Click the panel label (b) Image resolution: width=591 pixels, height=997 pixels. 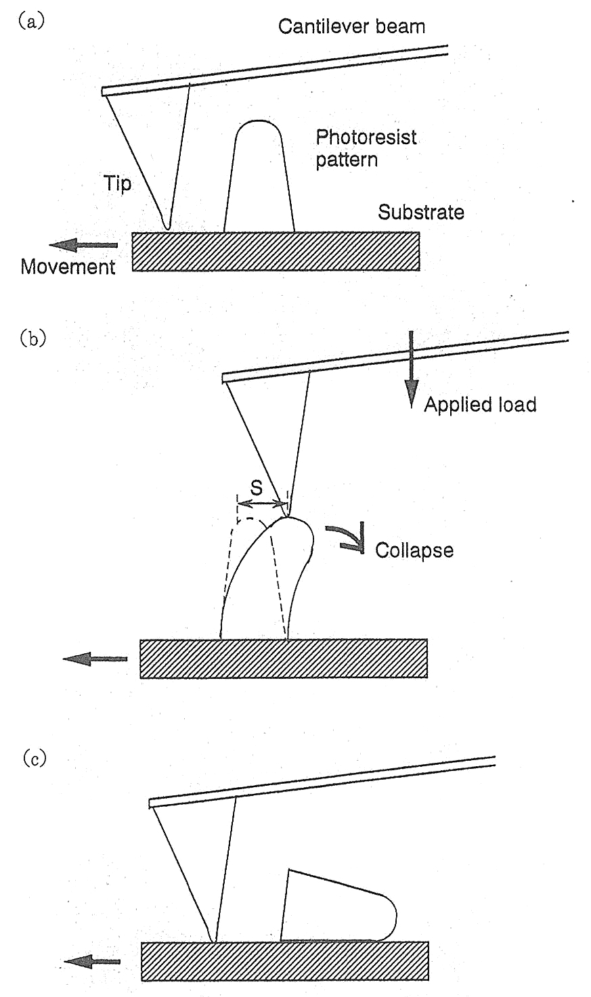(x=32, y=337)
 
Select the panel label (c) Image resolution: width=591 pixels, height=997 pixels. (x=32, y=759)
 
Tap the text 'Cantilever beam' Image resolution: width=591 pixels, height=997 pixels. (x=351, y=27)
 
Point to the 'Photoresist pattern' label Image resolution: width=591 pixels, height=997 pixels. (x=366, y=148)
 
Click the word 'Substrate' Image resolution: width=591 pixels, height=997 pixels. (x=420, y=213)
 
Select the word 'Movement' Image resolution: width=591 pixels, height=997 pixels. (x=68, y=267)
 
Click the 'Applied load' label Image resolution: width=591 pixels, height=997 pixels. (x=479, y=405)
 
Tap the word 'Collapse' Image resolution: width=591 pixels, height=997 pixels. (x=414, y=550)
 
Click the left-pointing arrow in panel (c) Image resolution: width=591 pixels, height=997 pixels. (x=92, y=961)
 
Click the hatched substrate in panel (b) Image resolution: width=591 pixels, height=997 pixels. (x=283, y=658)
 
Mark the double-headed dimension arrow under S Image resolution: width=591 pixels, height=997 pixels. (x=262, y=503)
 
